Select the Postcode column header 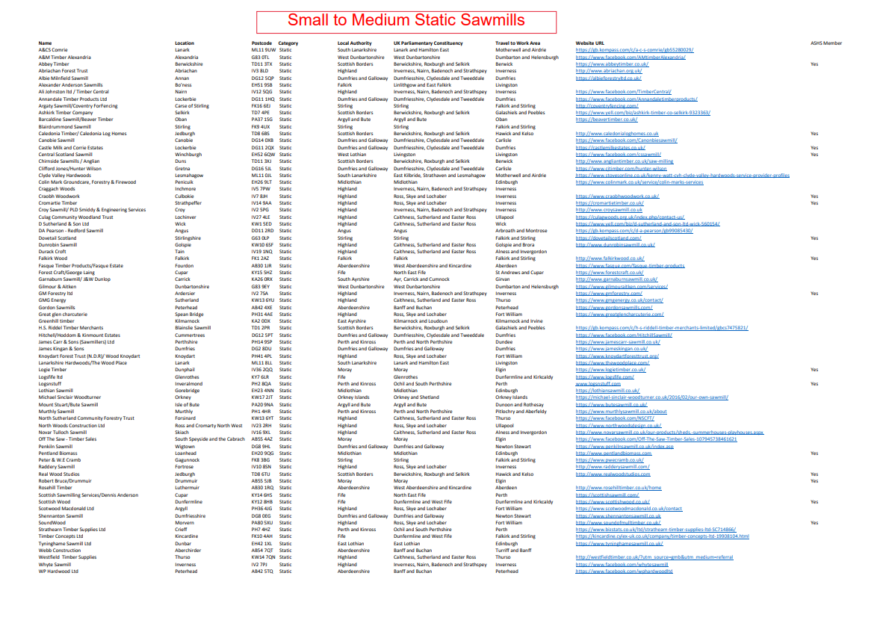click(x=261, y=43)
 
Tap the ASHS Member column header click(x=825, y=43)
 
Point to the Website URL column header click(x=590, y=43)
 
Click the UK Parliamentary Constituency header click(x=428, y=43)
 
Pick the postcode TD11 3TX click(x=261, y=64)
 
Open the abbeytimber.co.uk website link click(x=613, y=64)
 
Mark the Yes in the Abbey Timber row click(x=814, y=64)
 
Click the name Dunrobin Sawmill click(x=57, y=244)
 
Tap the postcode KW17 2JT click(x=261, y=397)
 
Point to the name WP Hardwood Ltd click(x=58, y=571)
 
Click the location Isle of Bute click(x=188, y=404)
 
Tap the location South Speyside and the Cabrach click(x=210, y=439)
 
